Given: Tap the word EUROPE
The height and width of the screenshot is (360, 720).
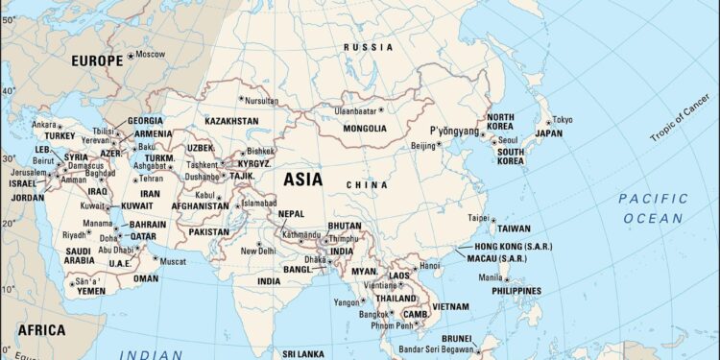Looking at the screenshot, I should coord(98,60).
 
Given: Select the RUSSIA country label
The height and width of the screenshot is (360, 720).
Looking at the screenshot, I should coord(370,47).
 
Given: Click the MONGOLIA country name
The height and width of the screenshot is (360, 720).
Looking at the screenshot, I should coord(353,126).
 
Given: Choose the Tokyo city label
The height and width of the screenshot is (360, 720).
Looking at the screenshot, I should coord(562,120).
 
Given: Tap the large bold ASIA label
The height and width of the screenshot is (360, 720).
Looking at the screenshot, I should coord(302,179).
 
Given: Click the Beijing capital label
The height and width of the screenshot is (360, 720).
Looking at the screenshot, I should coord(423,146).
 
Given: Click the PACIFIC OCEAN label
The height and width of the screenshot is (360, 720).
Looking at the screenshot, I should coord(653,208).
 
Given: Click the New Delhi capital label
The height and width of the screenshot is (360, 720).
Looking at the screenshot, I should coord(257,251).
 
